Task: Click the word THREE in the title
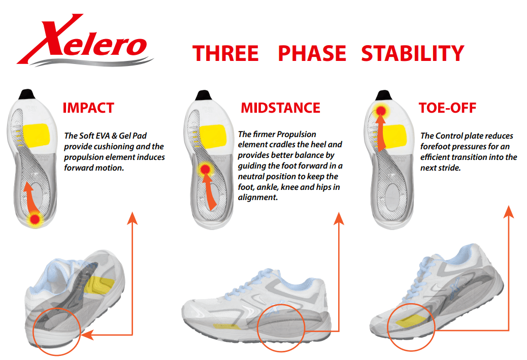[x=225, y=53]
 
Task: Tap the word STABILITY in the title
[x=413, y=53]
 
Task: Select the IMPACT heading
[x=88, y=108]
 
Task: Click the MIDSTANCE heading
[x=281, y=108]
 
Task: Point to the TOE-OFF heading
[x=447, y=108]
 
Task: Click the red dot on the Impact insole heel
[x=35, y=219]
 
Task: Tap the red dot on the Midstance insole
[x=205, y=169]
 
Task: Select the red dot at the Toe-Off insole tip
[x=381, y=110]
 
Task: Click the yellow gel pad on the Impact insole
[x=36, y=136]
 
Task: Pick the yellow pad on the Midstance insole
[x=212, y=137]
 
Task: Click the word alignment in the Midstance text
[x=258, y=198]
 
